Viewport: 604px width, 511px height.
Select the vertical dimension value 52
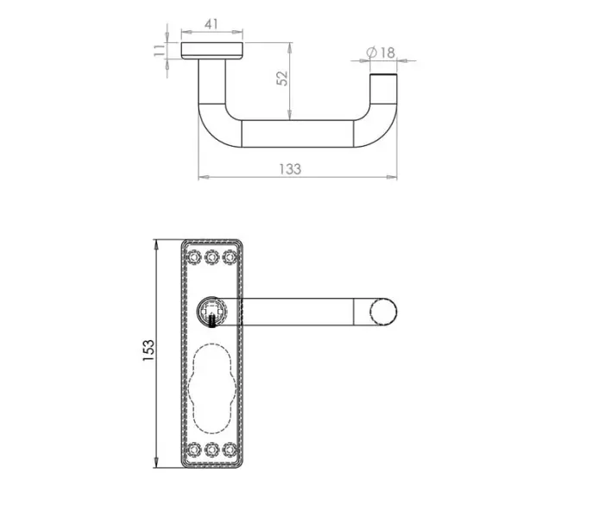[x=281, y=78]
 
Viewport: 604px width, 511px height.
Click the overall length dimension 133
[x=291, y=168]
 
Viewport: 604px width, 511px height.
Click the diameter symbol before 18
[x=370, y=54]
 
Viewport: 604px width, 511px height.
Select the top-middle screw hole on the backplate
[x=212, y=256]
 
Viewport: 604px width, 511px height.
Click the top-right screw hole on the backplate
[x=230, y=256]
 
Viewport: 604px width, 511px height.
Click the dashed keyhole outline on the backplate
[x=212, y=387]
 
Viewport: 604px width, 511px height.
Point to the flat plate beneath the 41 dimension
[x=212, y=51]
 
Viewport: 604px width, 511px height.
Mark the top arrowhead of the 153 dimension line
[x=157, y=243]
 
